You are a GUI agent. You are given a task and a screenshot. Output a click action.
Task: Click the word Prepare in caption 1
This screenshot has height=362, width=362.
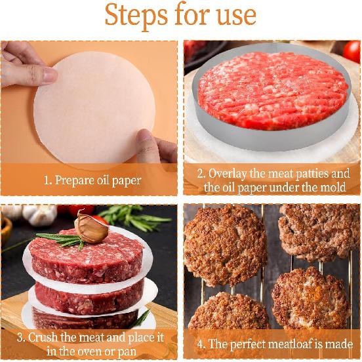tap(79, 180)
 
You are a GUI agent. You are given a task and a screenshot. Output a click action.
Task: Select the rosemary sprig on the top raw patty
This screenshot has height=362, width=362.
tap(62, 239)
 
